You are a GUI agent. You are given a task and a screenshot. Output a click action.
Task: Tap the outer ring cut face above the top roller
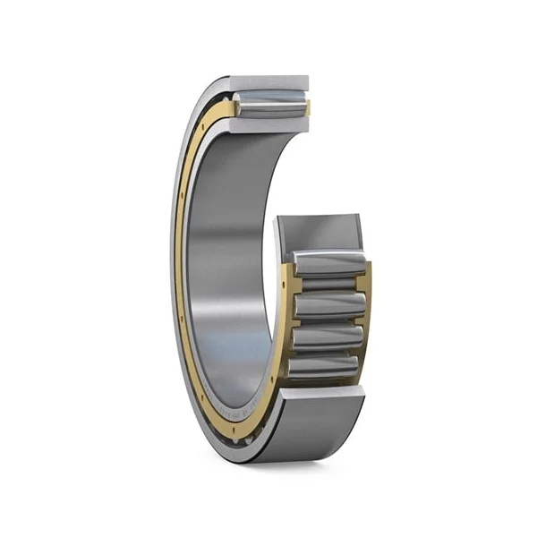269,83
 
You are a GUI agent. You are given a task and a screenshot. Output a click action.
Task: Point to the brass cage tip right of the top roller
308,108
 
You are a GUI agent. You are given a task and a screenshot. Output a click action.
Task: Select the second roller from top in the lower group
329,303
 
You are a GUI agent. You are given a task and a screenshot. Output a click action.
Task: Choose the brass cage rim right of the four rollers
366,313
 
